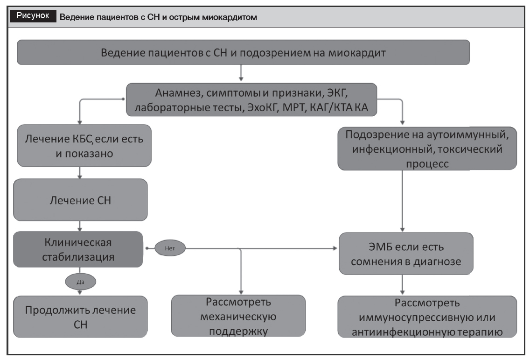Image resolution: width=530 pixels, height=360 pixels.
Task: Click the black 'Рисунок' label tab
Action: click(x=33, y=16)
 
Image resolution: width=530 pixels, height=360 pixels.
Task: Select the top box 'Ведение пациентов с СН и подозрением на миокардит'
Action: click(x=243, y=52)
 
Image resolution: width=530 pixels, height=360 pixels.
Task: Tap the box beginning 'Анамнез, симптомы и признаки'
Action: click(x=251, y=100)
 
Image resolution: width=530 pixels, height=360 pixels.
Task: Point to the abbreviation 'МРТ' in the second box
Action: click(x=294, y=107)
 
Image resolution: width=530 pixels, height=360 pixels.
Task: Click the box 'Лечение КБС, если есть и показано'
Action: click(x=84, y=146)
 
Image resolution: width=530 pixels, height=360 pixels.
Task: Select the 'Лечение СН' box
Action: click(x=80, y=200)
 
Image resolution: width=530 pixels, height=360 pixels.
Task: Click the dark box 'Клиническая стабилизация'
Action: click(x=78, y=249)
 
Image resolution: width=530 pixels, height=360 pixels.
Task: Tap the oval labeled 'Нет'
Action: click(x=170, y=248)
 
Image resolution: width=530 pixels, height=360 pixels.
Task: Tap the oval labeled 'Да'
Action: click(x=80, y=282)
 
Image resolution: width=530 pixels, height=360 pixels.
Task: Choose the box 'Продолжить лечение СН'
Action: click(x=80, y=317)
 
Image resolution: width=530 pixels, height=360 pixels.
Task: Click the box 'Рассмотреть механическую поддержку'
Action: click(x=238, y=316)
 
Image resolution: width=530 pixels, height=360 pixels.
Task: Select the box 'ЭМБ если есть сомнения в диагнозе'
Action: click(x=406, y=254)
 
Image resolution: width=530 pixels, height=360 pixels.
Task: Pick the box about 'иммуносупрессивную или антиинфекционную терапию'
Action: click(x=427, y=317)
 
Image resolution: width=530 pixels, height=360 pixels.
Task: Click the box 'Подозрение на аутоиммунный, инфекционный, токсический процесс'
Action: click(x=427, y=148)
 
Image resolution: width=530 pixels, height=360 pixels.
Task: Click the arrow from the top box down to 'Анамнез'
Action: click(x=241, y=73)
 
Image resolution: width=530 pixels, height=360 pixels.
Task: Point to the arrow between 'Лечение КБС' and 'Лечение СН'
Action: click(x=80, y=173)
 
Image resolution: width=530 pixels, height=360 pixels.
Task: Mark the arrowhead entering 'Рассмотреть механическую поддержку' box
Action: click(x=241, y=292)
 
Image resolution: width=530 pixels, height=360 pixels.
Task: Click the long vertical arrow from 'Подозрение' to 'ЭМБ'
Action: click(x=402, y=201)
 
